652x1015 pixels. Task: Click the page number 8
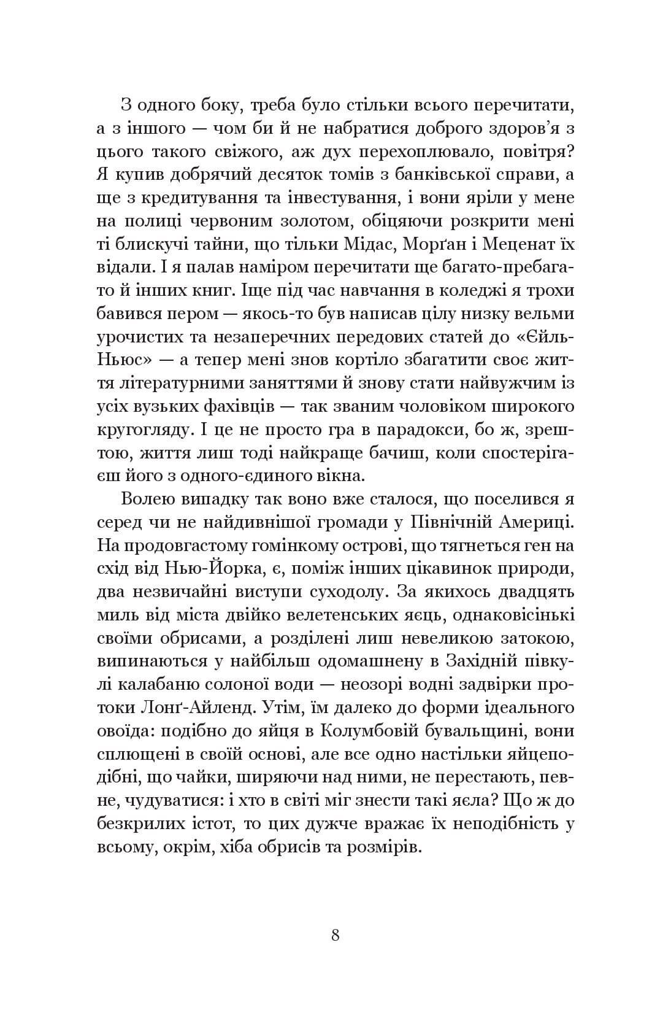coord(335,935)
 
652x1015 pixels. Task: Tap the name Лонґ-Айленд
coord(208,707)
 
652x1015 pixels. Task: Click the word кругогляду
coord(142,430)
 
